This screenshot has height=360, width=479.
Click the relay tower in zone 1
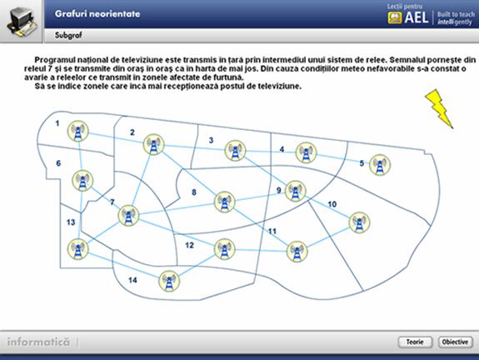point(78,131)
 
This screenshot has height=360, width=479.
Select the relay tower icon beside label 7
point(128,216)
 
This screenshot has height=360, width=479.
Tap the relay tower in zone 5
point(380,165)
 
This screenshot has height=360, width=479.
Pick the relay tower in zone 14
point(169,281)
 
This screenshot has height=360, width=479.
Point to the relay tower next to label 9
point(295,191)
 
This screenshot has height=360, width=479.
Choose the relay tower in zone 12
point(225,249)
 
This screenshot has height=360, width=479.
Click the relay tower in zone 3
point(235,150)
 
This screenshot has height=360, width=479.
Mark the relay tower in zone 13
point(78,249)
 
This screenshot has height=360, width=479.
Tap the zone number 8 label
point(194,192)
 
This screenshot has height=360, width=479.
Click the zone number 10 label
point(332,204)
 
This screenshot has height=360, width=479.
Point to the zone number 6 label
point(58,163)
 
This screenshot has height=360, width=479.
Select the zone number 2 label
point(132,132)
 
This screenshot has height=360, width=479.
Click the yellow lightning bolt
point(439,108)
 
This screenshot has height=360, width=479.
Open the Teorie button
point(415,342)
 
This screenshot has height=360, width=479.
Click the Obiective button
point(455,342)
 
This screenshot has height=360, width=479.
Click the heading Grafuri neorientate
point(97,14)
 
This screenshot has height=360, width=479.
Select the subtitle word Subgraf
point(68,35)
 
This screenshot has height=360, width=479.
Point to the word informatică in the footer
point(38,342)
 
